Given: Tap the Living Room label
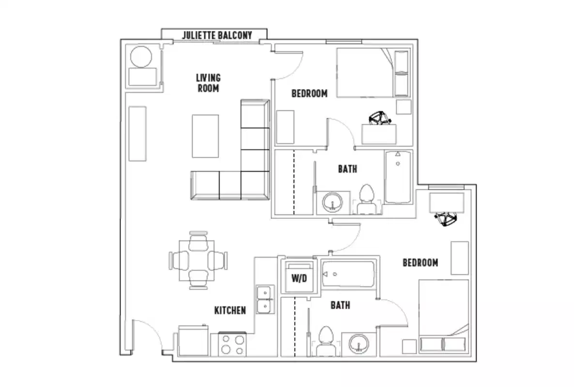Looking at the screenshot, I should (x=208, y=83).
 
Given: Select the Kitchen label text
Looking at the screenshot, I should (x=230, y=310).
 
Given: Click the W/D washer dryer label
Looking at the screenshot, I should (x=300, y=279).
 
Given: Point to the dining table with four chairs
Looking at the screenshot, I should (x=198, y=260).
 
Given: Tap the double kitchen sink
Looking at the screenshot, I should (x=265, y=299).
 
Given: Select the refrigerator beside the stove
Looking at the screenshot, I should (x=193, y=342).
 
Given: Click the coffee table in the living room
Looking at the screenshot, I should (x=205, y=136).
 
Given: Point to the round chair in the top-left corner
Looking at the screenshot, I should (x=141, y=57).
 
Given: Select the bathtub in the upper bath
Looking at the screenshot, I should (x=398, y=177).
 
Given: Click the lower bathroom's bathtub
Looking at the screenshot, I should (x=348, y=274).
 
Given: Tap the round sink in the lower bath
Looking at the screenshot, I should (x=359, y=343).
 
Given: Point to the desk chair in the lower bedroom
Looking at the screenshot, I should (x=446, y=219).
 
